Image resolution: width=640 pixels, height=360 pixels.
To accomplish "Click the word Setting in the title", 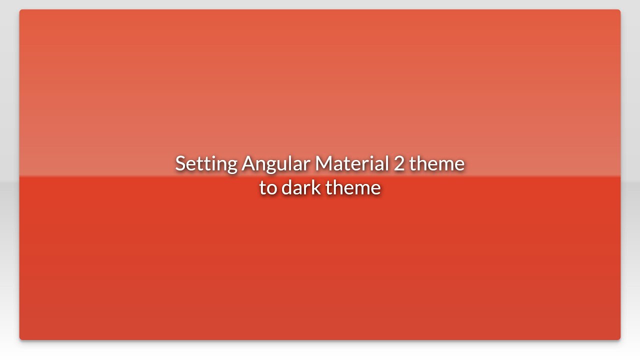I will coord(205,164).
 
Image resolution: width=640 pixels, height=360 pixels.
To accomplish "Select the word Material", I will coord(351,163).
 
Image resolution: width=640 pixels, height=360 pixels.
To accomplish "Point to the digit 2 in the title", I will coord(399,163).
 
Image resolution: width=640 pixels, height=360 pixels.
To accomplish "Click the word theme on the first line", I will coord(436,163).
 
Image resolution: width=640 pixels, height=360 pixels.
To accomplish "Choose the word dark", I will coord(301,187).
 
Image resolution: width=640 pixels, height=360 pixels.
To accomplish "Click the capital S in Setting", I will coord(180,163).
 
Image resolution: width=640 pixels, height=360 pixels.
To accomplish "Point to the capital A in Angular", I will coord(248,163).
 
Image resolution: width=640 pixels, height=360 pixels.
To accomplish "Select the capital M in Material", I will coord(323,163).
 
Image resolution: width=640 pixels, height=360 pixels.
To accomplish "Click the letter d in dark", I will coord(287,187).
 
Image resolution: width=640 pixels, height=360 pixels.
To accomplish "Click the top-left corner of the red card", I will coord(20,10).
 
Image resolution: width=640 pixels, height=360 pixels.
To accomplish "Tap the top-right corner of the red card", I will coord(619,10).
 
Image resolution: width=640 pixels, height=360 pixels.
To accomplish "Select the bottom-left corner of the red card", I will coord(20,339).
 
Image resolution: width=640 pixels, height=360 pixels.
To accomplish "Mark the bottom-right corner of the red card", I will coord(619,339).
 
